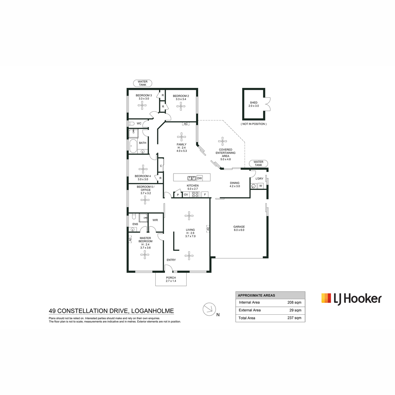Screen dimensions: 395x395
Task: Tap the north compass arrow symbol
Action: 209,309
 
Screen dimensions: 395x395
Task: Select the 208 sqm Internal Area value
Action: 294,303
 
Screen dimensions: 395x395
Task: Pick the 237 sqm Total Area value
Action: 294,318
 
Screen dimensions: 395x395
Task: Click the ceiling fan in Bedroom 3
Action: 142,106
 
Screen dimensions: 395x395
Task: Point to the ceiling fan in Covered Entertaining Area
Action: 223,141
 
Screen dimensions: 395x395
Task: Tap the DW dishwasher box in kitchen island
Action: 199,178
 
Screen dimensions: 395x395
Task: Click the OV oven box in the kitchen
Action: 186,195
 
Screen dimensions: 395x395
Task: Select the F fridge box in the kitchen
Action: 205,195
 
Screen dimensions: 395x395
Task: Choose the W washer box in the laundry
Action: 260,186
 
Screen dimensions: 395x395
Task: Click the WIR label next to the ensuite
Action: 155,220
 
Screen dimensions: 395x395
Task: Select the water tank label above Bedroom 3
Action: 143,83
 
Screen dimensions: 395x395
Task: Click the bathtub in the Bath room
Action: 133,146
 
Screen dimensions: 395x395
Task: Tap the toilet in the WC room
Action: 131,123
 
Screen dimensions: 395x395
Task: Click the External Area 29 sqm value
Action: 295,310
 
